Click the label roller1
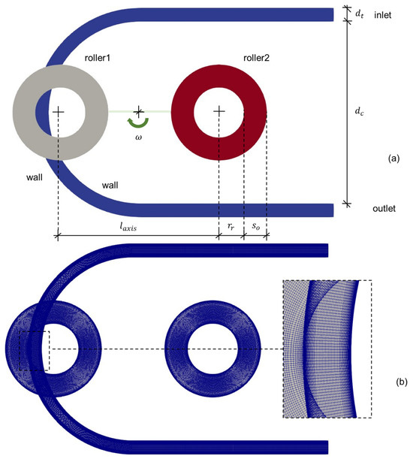[97, 58]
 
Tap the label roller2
[256, 58]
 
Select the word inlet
[382, 15]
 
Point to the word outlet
[384, 208]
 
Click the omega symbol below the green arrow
[138, 137]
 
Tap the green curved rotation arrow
[138, 122]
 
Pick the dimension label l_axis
[128, 226]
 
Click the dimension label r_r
[231, 226]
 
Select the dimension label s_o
[256, 226]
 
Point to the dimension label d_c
[359, 111]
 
